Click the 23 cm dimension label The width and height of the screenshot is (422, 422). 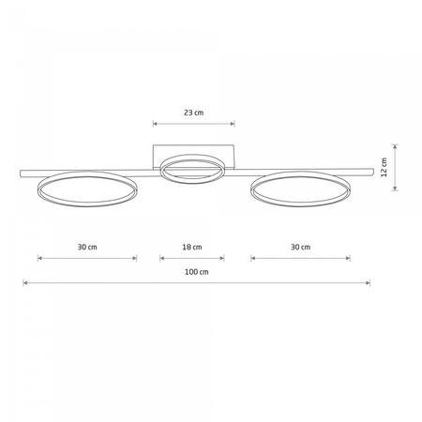194,113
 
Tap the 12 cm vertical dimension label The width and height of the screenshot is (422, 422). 384,167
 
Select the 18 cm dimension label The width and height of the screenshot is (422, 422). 192,248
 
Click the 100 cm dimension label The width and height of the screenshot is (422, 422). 197,272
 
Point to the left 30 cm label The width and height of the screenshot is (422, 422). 87,248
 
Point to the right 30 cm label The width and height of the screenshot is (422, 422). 301,248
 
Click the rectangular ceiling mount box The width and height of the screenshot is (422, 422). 193,146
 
